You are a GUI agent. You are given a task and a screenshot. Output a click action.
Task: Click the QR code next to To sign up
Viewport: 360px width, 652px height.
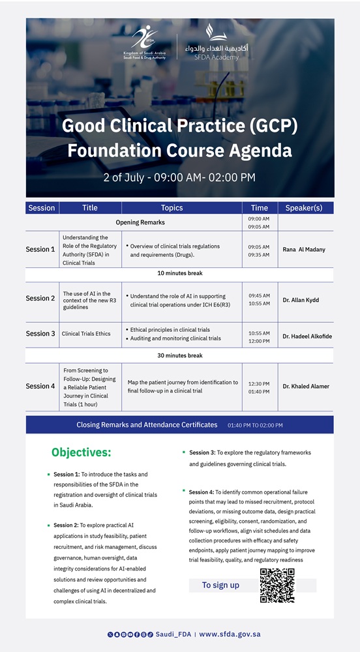pyautogui.click(x=277, y=585)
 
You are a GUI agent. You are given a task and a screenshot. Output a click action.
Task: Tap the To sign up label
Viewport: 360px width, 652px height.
pyautogui.click(x=220, y=585)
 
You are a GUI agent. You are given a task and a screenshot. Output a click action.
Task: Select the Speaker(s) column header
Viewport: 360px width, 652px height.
pyautogui.click(x=305, y=208)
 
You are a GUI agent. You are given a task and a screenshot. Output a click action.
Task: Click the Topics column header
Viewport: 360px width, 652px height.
pyautogui.click(x=172, y=208)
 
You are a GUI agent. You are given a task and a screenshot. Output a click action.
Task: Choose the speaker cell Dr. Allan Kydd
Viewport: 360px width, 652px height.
pyautogui.click(x=301, y=300)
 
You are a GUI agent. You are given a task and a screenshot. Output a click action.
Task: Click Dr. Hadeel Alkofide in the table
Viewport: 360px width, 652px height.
pyautogui.click(x=307, y=336)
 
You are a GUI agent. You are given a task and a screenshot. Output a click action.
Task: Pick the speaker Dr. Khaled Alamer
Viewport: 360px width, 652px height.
pyautogui.click(x=306, y=386)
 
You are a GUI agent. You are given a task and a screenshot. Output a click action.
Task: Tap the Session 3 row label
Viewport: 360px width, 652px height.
pyautogui.click(x=40, y=333)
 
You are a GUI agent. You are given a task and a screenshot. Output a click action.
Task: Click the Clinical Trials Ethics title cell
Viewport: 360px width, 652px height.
pyautogui.click(x=86, y=333)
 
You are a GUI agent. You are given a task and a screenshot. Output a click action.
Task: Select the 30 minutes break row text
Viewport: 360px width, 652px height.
pyautogui.click(x=180, y=356)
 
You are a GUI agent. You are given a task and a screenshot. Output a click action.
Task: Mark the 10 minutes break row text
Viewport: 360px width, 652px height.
pyautogui.click(x=180, y=274)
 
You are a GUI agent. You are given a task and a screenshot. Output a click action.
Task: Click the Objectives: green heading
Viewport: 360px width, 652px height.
pyautogui.click(x=82, y=452)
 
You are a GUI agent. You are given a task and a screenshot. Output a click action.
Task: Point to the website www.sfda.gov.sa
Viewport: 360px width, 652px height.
pyautogui.click(x=230, y=634)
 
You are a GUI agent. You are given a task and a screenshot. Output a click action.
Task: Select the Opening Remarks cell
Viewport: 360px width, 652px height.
pyautogui.click(x=140, y=222)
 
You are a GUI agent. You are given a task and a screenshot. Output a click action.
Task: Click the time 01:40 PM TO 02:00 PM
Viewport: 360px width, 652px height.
pyautogui.click(x=255, y=425)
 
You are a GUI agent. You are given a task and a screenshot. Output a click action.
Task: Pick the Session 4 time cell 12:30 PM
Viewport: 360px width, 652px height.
pyautogui.click(x=259, y=384)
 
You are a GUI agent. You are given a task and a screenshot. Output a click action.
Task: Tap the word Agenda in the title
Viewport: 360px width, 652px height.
pyautogui.click(x=260, y=151)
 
